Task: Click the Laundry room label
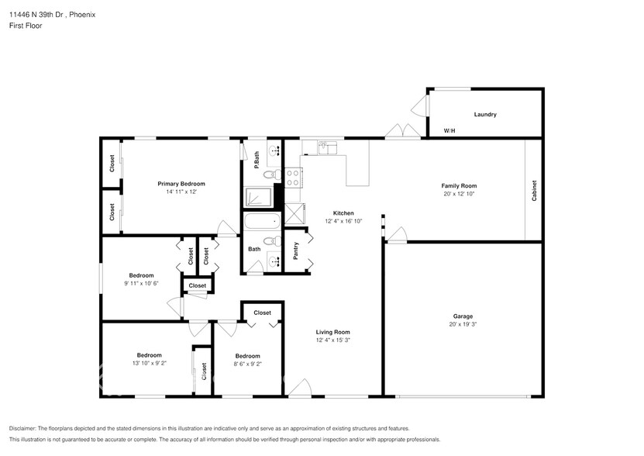pos(485,115)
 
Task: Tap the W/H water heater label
pos(449,131)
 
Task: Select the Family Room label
pos(459,186)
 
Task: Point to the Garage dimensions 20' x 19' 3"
pos(463,324)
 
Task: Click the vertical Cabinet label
pos(534,191)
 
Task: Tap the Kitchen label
pos(343,213)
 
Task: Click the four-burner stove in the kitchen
pos(293,178)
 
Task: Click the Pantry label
pos(296,250)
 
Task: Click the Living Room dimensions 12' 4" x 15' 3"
pos(332,340)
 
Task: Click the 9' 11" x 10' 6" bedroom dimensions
pos(141,283)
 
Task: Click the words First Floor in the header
pos(26,26)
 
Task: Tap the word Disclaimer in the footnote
pos(26,429)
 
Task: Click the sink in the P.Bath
pos(274,150)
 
